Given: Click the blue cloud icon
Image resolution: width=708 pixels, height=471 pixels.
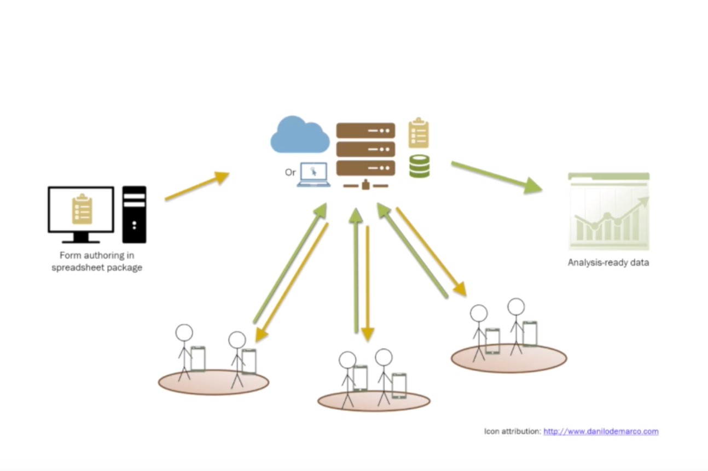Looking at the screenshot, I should (299, 136).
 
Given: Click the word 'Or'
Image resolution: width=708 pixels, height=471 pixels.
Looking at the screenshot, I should (290, 173).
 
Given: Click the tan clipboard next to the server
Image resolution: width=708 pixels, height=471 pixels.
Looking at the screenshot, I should (419, 133).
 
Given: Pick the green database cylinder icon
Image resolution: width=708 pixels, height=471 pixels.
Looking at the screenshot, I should (419, 166).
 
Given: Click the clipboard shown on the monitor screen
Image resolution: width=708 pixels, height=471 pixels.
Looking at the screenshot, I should (82, 209).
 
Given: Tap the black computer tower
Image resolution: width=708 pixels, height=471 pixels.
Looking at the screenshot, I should (134, 214).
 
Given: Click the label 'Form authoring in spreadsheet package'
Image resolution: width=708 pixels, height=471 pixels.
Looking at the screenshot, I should (97, 261).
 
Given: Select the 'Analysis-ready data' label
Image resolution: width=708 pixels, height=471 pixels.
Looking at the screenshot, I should (608, 262).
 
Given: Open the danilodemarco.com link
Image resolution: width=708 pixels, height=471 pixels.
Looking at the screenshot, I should (601, 431).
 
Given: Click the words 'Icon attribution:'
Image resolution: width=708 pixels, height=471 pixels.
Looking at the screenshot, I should (513, 431).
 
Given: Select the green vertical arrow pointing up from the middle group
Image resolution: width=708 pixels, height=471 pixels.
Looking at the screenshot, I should (356, 270).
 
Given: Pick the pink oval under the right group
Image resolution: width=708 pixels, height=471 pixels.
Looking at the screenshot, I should (509, 360).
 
